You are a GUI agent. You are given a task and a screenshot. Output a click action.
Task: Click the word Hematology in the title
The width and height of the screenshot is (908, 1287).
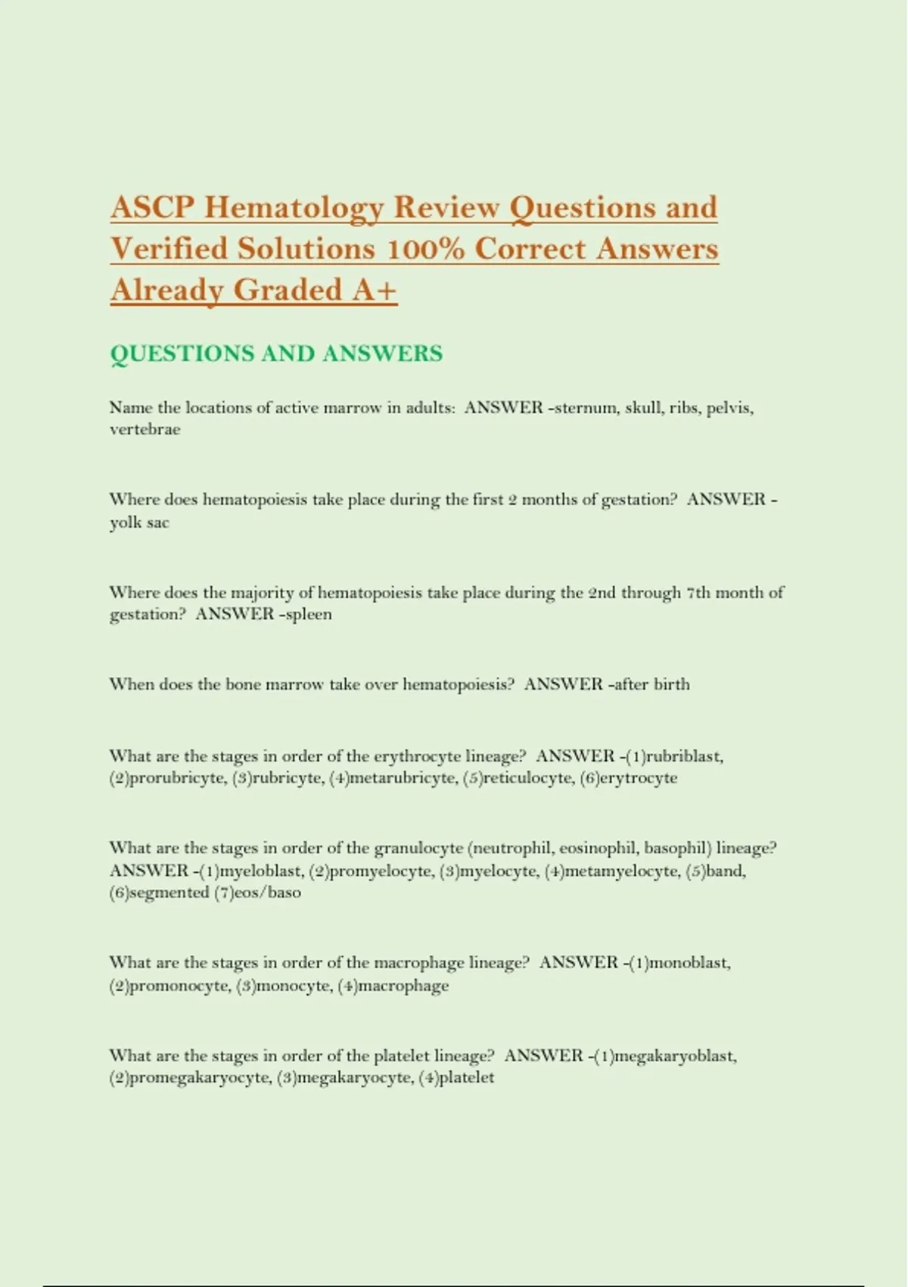293,208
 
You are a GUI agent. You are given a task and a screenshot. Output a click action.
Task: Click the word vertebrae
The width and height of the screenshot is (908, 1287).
145,429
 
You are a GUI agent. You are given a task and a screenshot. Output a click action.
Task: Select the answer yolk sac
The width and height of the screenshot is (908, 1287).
139,522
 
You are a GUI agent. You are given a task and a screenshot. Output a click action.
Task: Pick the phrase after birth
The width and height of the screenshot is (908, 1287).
651,684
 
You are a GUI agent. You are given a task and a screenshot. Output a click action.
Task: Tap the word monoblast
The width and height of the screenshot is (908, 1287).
689,963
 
